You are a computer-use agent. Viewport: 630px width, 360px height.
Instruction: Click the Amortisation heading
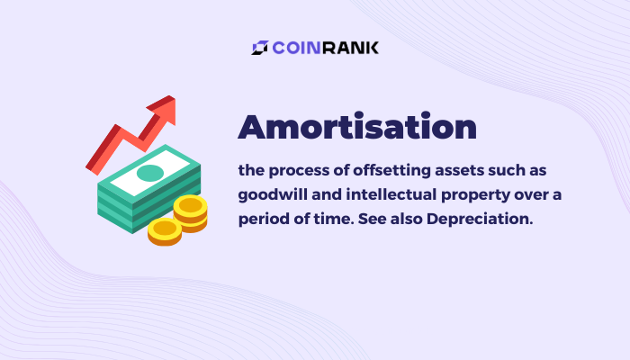click(x=357, y=127)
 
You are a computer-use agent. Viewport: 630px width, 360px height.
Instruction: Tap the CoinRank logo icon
click(x=260, y=48)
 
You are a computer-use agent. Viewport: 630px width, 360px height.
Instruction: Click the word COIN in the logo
click(x=297, y=48)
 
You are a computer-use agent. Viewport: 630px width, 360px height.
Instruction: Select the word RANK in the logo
click(x=350, y=48)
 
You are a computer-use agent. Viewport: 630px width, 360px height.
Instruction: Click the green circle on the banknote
click(x=150, y=173)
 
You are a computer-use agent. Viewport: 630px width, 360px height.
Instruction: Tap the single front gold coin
click(x=165, y=232)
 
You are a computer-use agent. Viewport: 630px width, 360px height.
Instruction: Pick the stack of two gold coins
click(x=191, y=213)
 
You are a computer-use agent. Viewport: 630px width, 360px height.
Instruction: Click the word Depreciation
click(x=480, y=219)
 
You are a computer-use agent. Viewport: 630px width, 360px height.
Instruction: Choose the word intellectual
click(x=391, y=195)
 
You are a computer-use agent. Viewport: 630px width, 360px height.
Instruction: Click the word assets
click(x=459, y=171)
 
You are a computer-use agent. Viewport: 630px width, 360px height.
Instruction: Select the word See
click(x=372, y=219)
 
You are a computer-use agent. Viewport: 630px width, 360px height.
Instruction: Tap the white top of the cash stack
click(x=150, y=173)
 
